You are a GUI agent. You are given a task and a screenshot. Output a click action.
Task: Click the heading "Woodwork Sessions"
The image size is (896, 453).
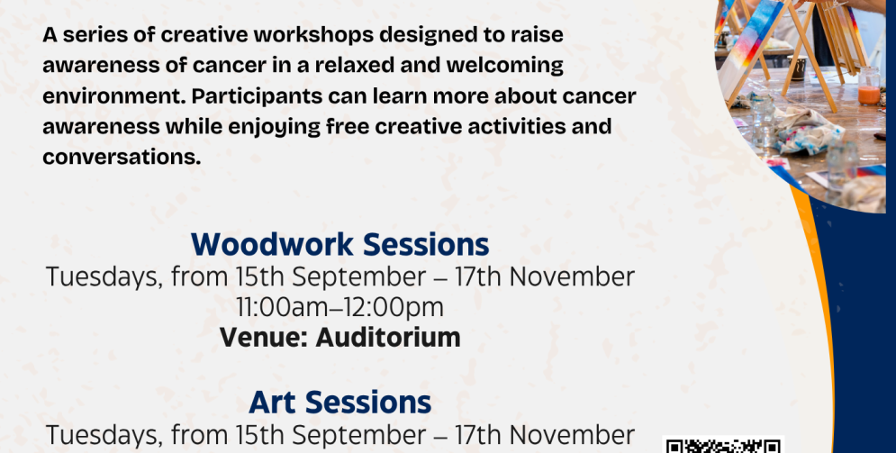tap(340, 244)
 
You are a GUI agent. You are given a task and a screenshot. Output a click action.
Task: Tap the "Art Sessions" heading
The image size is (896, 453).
tap(340, 403)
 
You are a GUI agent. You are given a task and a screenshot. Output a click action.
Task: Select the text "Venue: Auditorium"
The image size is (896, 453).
tap(340, 337)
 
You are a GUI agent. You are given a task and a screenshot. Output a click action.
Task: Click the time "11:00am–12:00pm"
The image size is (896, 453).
tap(340, 307)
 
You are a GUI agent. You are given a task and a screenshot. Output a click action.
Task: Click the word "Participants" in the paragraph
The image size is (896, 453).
tap(257, 96)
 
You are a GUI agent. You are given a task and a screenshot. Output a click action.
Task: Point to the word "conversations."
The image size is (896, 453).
tap(122, 157)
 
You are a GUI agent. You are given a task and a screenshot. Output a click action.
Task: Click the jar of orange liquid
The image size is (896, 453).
tap(869, 86)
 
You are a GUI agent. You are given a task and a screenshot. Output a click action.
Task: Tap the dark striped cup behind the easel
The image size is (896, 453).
tap(797, 68)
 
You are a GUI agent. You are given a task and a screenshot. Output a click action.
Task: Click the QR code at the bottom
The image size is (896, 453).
tap(723, 445)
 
